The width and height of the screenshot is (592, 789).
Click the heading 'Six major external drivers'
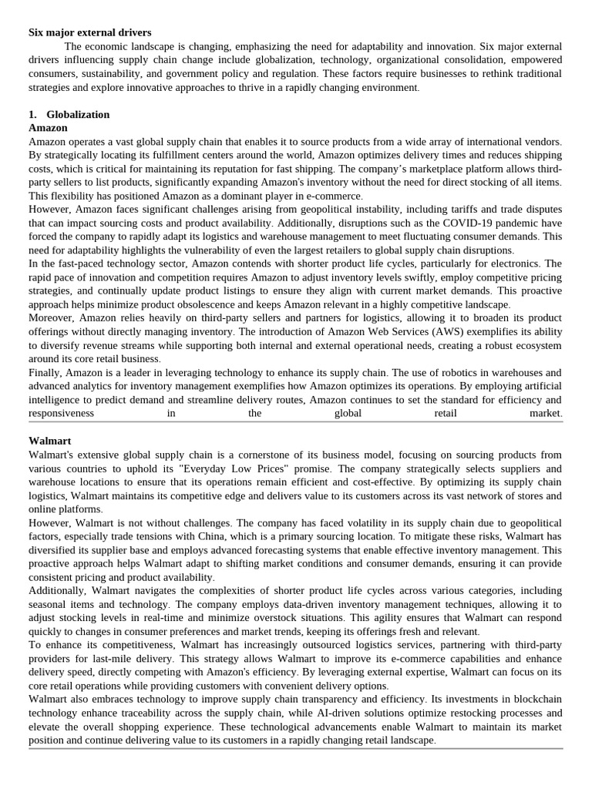tap(90, 32)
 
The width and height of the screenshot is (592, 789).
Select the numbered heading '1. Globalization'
tap(69, 114)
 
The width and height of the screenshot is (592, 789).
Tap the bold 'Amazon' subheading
tap(48, 128)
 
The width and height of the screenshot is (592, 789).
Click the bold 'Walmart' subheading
tap(49, 441)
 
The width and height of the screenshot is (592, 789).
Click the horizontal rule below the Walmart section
tap(295, 748)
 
